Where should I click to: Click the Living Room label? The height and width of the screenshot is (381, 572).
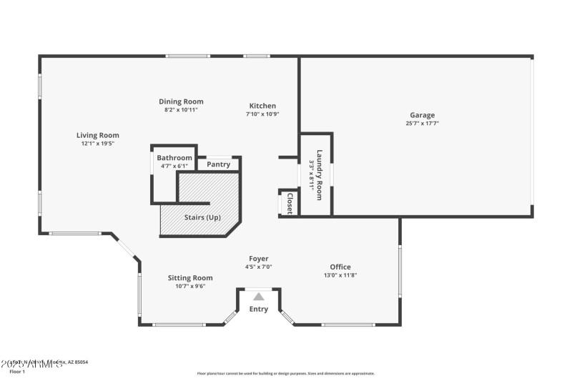98,135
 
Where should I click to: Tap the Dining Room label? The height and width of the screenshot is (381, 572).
181,102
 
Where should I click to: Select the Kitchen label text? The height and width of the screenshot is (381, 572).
262,106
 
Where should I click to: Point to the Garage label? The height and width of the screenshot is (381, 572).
422,115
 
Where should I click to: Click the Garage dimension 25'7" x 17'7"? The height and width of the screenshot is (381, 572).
422,123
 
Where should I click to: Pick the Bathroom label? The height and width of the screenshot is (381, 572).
174,158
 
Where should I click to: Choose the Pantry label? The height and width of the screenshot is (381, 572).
219,164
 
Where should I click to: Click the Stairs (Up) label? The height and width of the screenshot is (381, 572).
203,217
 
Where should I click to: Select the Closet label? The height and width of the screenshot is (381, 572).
290,202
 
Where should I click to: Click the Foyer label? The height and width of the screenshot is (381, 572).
259,259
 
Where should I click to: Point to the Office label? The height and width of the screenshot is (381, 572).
340,267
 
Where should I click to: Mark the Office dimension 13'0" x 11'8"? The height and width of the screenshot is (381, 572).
340,275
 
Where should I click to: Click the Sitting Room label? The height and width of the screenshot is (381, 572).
190,278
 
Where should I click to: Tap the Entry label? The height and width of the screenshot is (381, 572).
259,310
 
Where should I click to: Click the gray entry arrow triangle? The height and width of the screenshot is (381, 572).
259,296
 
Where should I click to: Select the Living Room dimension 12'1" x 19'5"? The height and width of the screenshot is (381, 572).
98,143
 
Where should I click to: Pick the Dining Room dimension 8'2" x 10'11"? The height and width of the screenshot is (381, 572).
181,109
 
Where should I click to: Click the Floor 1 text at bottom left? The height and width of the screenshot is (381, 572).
16,372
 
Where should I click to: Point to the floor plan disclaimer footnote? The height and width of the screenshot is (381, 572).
285,373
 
